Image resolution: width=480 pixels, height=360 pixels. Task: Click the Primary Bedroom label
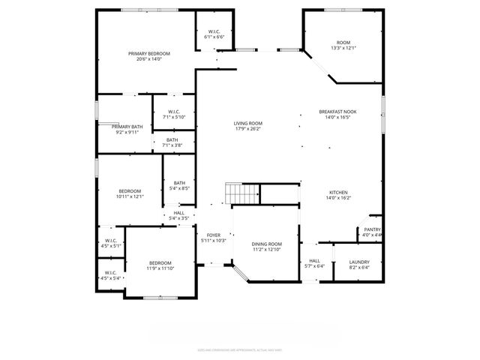[149, 54]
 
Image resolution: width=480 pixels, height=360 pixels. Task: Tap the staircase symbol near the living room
[244, 193]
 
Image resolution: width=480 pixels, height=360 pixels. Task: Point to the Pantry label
[372, 229]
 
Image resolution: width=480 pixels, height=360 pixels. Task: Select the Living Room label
[248, 124]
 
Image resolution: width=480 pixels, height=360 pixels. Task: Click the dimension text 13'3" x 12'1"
[343, 48]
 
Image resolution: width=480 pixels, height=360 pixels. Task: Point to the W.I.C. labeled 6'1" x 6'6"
[213, 32]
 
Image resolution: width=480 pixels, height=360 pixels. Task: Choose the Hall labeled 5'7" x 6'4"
[314, 262]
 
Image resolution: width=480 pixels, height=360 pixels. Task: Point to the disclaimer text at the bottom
[240, 349]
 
